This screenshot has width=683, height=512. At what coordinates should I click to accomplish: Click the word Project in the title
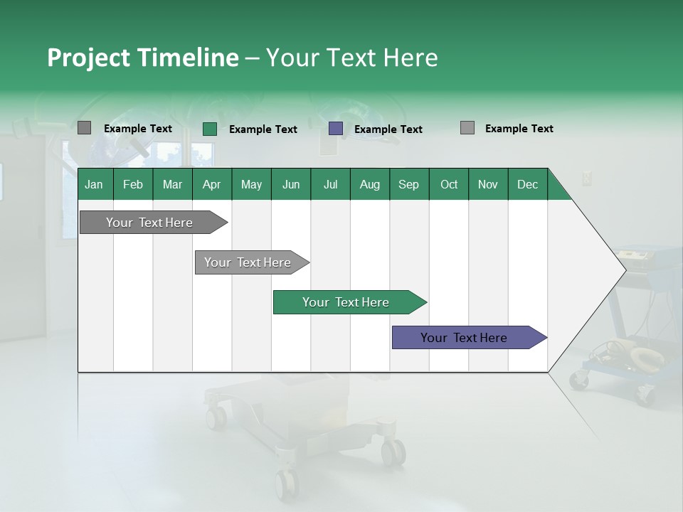(88, 58)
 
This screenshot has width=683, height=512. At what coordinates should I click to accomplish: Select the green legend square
(209, 129)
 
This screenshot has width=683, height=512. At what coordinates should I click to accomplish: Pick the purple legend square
(336, 129)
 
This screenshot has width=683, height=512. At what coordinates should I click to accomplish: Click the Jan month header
(94, 184)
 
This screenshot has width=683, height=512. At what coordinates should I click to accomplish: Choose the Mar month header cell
(172, 184)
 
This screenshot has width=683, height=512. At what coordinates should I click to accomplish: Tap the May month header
(251, 184)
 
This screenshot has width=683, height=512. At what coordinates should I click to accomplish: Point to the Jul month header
(330, 184)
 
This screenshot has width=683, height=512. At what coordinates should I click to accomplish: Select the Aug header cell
(369, 184)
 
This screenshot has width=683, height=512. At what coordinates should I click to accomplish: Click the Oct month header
(449, 184)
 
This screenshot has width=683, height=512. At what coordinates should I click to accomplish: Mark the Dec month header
(527, 184)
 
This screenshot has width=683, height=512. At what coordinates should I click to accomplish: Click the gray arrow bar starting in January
(149, 223)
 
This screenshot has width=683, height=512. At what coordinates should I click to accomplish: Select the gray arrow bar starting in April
(248, 262)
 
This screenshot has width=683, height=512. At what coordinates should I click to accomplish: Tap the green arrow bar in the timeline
(346, 302)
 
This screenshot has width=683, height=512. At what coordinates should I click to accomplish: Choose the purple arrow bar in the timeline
(464, 338)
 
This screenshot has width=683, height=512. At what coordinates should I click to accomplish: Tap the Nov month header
(488, 184)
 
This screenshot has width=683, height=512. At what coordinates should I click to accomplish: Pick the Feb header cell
(133, 184)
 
